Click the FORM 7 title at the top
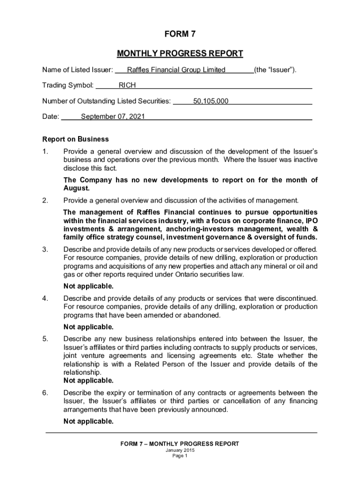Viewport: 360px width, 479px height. (180, 34)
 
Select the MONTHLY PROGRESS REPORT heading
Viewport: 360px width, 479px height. (180, 53)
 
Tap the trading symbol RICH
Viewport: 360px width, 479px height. (127, 86)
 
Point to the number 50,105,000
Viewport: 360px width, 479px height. (211, 101)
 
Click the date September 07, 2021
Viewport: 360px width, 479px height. (113, 116)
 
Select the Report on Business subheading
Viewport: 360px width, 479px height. (75, 139)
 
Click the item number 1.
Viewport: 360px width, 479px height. (45, 152)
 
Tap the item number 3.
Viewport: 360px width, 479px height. (45, 249)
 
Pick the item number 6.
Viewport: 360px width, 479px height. (45, 392)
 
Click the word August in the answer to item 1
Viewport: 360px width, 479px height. (76, 189)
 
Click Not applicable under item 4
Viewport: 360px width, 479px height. (88, 327)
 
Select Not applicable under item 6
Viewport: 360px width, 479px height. (88, 421)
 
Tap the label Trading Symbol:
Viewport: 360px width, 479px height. (68, 86)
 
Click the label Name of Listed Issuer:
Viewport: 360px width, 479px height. (78, 70)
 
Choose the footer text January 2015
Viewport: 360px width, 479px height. (180, 450)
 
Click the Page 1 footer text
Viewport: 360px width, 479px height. (180, 457)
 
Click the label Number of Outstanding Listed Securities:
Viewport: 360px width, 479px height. (107, 101)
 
